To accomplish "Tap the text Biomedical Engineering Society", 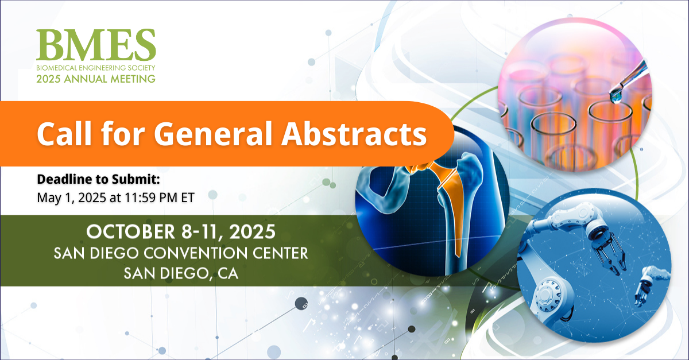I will [x=96, y=67].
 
